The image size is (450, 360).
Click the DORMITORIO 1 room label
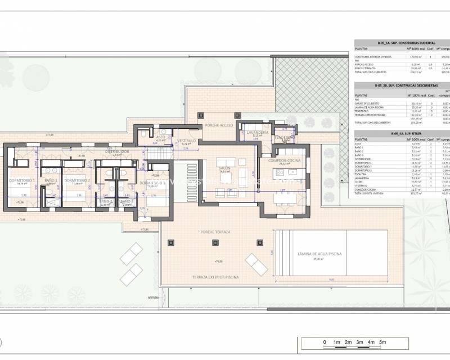click(x=22, y=180)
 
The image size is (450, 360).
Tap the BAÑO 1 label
click(x=50, y=180)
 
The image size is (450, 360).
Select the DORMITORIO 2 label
click(x=78, y=180)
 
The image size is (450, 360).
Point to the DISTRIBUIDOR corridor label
click(x=118, y=152)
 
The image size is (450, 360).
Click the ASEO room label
click(x=160, y=137)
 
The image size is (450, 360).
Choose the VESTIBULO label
click(x=186, y=141)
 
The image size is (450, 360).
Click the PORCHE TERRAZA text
click(x=214, y=232)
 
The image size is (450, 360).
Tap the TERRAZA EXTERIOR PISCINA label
click(x=215, y=278)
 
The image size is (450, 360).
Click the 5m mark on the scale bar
click(x=382, y=342)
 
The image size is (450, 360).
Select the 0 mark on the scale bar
click(x=325, y=342)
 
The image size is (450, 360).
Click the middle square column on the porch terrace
click(x=215, y=243)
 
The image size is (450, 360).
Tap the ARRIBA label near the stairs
click(x=154, y=297)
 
